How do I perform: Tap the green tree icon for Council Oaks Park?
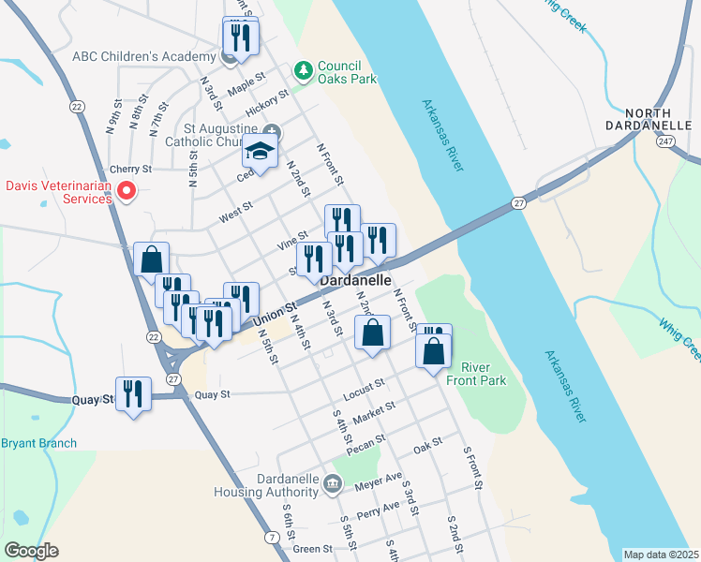pos(303,70)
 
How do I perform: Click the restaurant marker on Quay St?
pos(132,393)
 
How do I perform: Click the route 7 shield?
pos(271,537)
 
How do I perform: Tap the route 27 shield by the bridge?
pos(518,202)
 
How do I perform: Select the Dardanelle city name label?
pos(355,280)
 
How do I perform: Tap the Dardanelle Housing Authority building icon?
pos(333,484)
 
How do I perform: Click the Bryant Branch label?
pos(38,443)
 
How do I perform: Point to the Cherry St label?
pos(130,170)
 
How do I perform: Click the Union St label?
pos(276,314)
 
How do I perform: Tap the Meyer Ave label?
pos(378,482)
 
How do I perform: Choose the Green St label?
pos(313,549)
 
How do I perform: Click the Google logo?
pos(32,551)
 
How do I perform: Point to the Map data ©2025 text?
pos(661,555)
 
